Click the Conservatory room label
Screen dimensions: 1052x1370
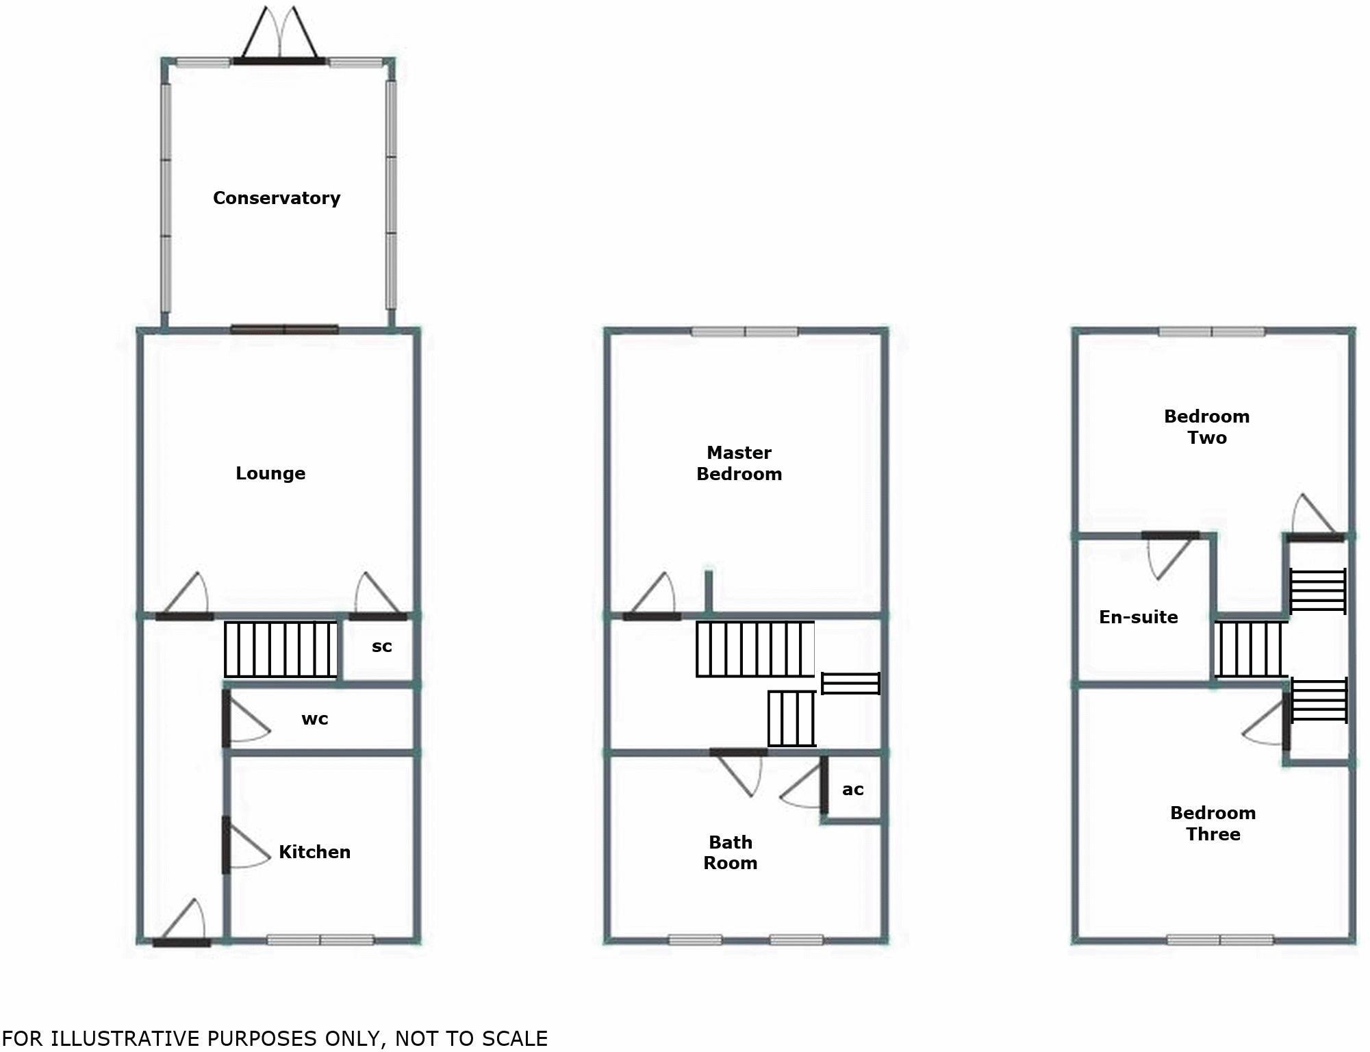tap(277, 198)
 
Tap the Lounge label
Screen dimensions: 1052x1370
tap(270, 473)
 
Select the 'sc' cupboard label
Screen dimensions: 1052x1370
tap(381, 647)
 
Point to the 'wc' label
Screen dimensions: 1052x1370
tap(315, 719)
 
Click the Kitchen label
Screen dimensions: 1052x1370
tap(314, 852)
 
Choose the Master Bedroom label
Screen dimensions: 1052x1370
tap(739, 463)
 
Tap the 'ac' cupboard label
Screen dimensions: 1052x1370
tap(852, 790)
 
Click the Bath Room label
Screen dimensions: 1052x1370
tap(731, 852)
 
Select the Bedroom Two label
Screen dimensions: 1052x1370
tap(1206, 427)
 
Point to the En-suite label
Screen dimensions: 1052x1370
tap(1138, 617)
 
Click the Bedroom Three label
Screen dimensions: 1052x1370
tap(1213, 823)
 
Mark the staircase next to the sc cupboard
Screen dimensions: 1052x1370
tap(281, 649)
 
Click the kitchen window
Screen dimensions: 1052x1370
tap(320, 940)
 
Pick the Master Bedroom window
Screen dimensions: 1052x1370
tap(744, 332)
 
